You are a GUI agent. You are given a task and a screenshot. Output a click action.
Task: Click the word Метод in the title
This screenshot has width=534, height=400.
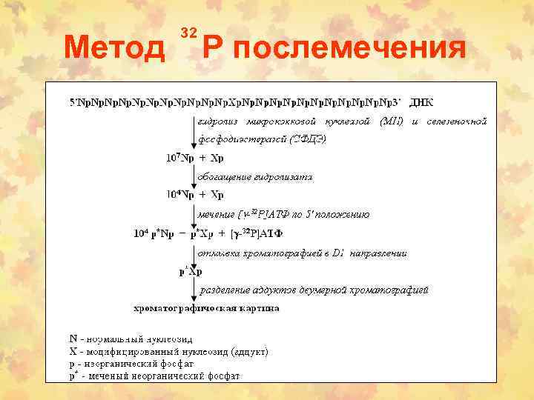tap(115, 49)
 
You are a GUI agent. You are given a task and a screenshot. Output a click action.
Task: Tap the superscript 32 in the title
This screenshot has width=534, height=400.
tap(188, 32)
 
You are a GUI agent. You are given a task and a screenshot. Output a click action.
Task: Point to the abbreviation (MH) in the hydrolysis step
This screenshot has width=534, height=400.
tap(391, 121)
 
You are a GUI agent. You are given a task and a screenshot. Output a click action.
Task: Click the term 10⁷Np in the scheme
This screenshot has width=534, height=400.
tap(179, 158)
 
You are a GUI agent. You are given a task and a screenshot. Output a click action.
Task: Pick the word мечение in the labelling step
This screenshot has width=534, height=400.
tap(215, 215)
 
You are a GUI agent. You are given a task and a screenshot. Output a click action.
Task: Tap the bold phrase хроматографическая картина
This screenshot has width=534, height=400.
tap(206, 307)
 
